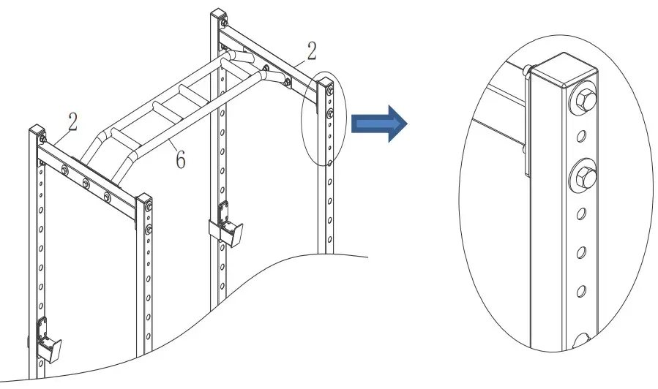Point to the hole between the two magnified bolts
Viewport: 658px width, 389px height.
pyautogui.click(x=583, y=137)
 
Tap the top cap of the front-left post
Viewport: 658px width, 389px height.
pyautogui.click(x=34, y=132)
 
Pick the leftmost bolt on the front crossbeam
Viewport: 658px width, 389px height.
pyautogui.click(x=65, y=171)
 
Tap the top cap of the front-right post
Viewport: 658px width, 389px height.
pyautogui.click(x=144, y=199)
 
